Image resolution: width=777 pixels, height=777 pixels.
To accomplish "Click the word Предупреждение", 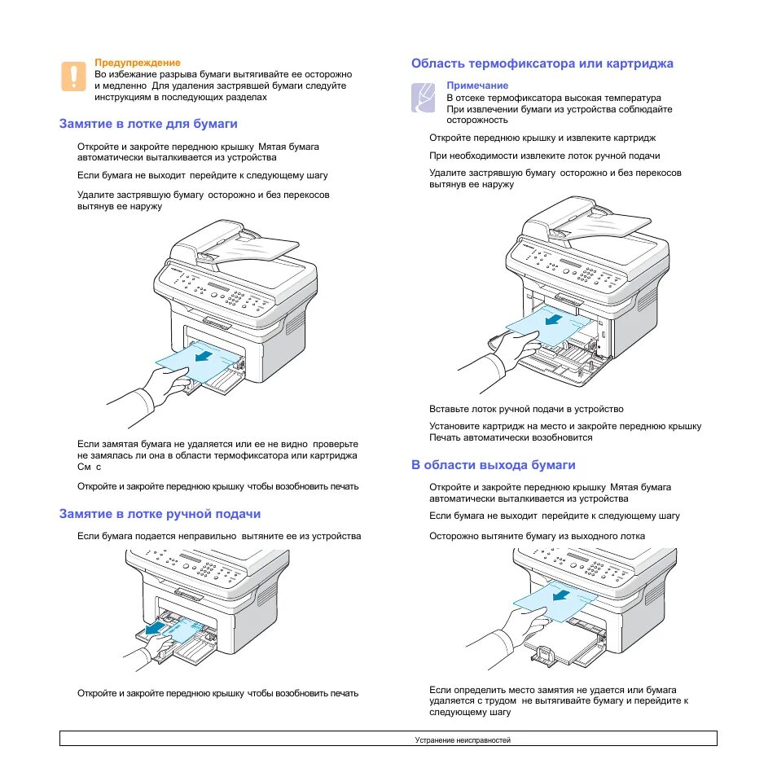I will pyautogui.click(x=138, y=62).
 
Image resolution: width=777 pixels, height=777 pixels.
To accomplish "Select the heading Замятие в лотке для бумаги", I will pyautogui.click(x=148, y=124).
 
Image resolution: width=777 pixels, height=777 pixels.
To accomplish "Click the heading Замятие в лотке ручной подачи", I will pyautogui.click(x=160, y=514).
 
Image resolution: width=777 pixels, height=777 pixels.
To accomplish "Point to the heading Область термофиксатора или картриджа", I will pyautogui.click(x=542, y=64).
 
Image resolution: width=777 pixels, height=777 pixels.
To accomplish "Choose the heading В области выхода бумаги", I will pyautogui.click(x=493, y=465).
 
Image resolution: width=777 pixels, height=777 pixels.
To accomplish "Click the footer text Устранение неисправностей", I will pyautogui.click(x=462, y=740).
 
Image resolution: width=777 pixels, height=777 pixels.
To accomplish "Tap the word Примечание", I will pyautogui.click(x=477, y=86).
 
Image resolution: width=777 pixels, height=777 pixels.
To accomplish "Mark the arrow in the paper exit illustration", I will pyautogui.click(x=561, y=595).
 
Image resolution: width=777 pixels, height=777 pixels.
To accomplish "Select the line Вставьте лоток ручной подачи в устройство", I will pyautogui.click(x=526, y=409).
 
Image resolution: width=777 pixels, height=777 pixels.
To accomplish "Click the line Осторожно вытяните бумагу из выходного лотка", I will pyautogui.click(x=537, y=536).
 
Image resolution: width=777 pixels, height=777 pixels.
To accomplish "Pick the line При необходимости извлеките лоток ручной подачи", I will pyautogui.click(x=544, y=156).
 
